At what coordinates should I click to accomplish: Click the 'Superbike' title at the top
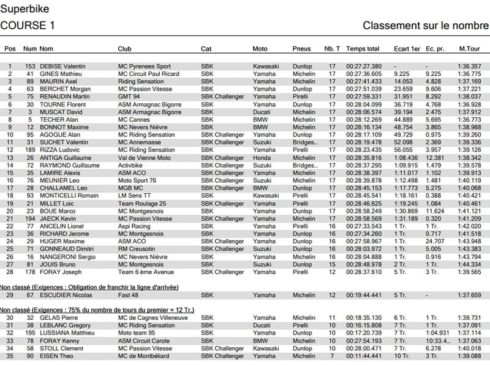23,8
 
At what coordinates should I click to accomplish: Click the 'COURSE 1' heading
28,25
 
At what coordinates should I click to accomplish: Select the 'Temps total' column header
363,49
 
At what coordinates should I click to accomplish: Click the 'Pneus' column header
301,49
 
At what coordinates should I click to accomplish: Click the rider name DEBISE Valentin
62,67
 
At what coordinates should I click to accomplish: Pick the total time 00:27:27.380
364,67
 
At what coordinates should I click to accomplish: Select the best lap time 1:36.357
470,67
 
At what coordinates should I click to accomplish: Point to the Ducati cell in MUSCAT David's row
262,112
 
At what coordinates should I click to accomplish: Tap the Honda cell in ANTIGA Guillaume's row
261,158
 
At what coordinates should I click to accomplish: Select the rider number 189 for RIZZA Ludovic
29,150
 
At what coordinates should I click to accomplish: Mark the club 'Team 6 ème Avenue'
146,272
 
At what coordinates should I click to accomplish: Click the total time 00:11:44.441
364,356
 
